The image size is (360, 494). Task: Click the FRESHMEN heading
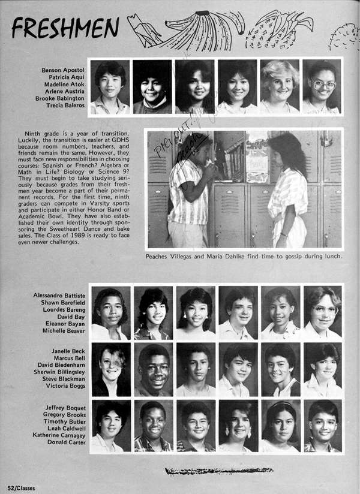(x=65, y=27)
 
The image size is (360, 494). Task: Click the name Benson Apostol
(x=63, y=70)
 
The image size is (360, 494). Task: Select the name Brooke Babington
(x=59, y=98)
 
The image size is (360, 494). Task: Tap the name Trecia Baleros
(x=65, y=106)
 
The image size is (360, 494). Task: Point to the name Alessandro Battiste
(x=59, y=296)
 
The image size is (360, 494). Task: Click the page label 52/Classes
(x=20, y=488)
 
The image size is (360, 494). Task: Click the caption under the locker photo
(x=244, y=257)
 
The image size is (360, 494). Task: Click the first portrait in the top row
(x=110, y=87)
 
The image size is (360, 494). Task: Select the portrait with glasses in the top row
(x=322, y=87)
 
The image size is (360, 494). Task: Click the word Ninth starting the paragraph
(x=35, y=132)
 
